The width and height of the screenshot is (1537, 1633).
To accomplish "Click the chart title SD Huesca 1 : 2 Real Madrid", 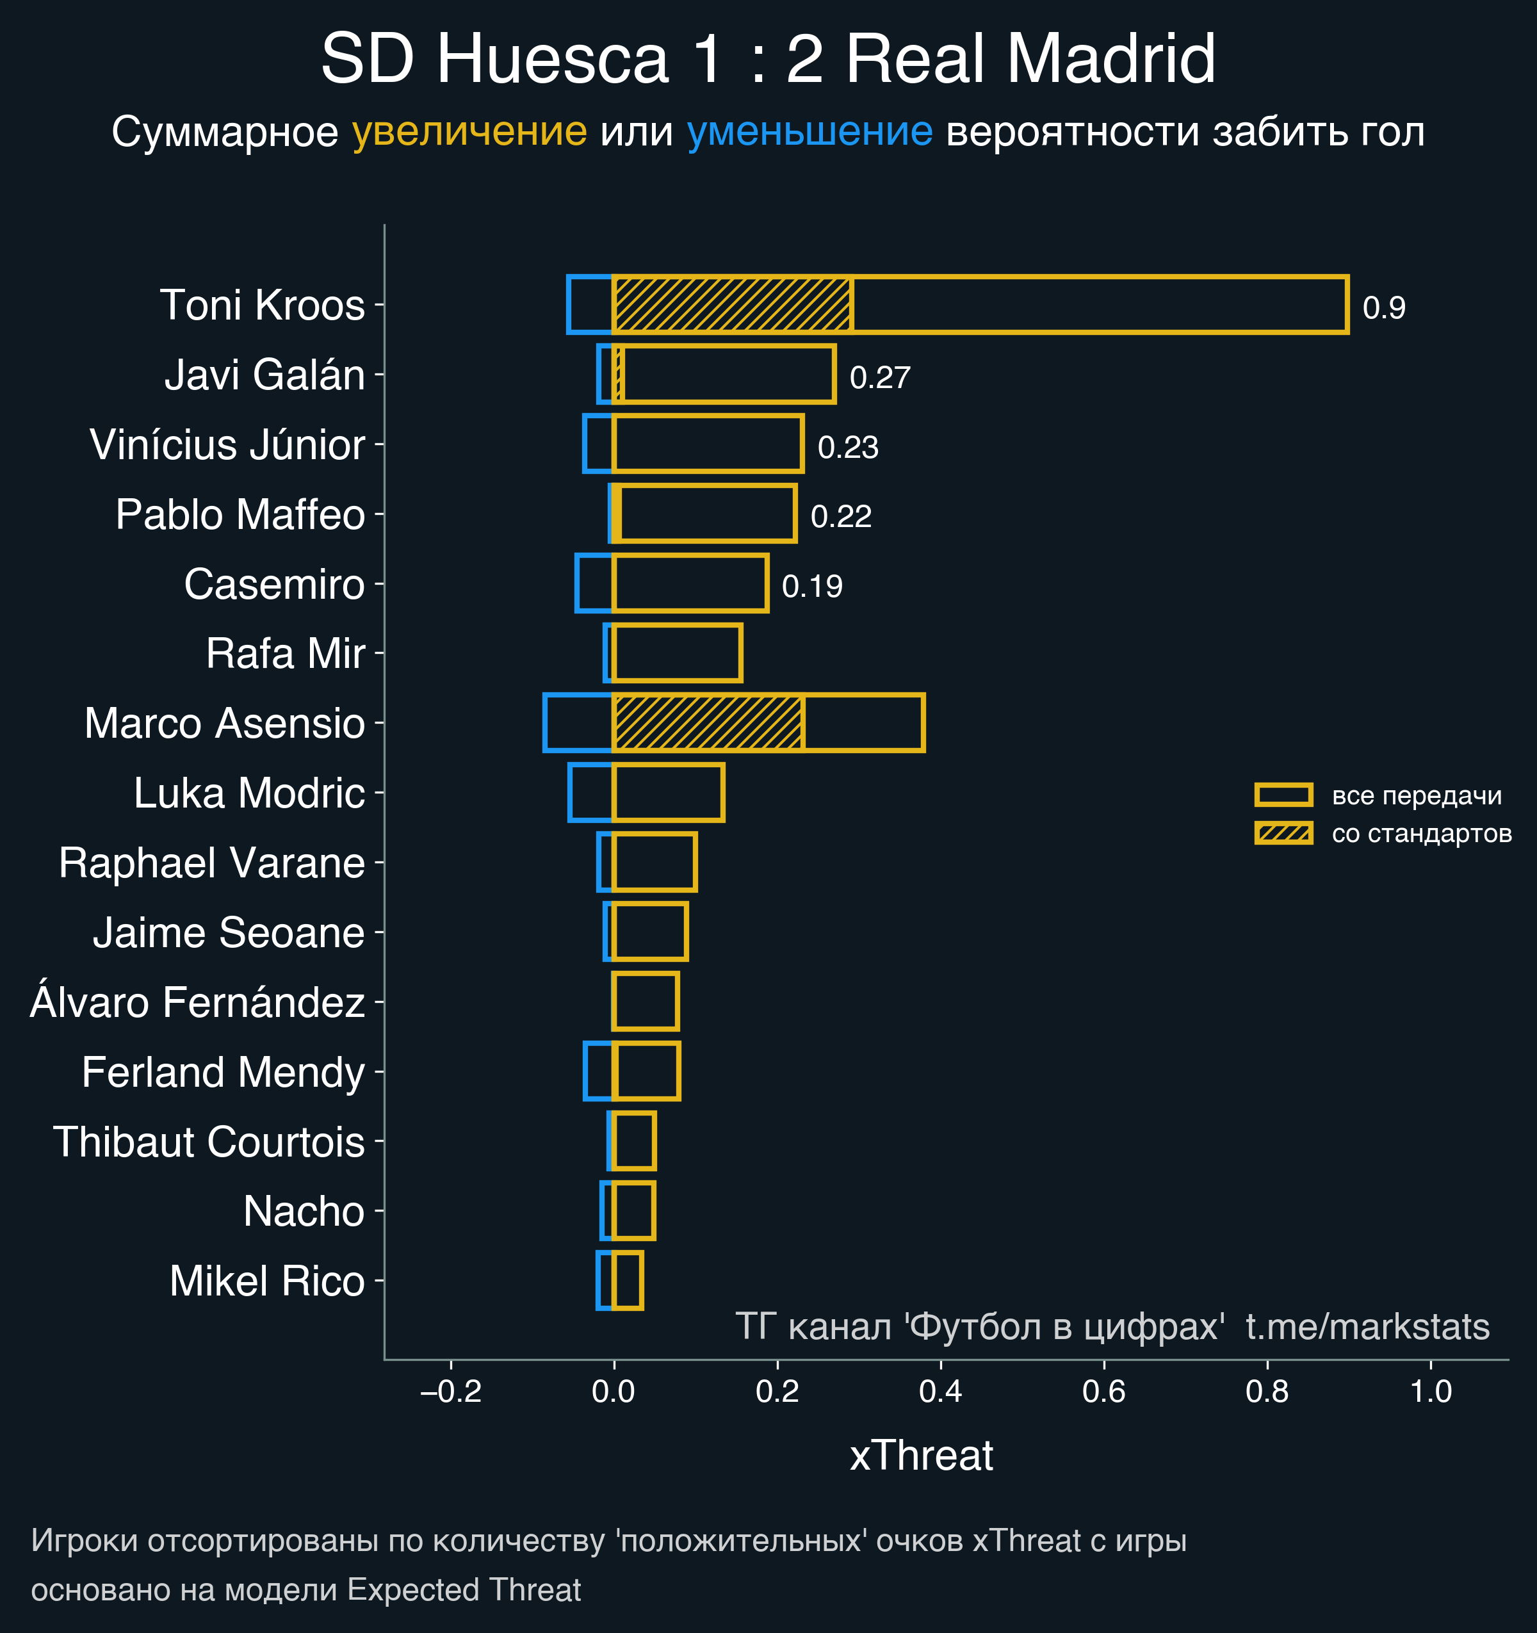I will [767, 59].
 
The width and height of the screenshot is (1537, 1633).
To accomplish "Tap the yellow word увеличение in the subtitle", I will [469, 131].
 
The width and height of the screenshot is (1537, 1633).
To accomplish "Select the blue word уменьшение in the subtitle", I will [809, 131].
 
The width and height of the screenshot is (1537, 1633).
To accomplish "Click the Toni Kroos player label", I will [262, 305].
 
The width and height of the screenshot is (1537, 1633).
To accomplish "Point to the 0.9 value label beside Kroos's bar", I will [1383, 308].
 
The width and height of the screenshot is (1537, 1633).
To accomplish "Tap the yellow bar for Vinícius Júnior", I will [707, 444].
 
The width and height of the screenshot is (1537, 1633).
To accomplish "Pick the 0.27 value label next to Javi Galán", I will [880, 378].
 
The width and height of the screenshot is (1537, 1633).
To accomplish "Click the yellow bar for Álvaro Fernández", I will [646, 1002].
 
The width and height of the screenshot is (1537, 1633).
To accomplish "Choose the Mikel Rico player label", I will [267, 1281].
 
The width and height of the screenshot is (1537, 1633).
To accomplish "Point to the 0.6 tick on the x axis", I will [1103, 1392].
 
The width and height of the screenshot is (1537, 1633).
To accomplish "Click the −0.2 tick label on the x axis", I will [450, 1392].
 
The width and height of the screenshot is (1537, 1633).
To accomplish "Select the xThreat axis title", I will [921, 1456].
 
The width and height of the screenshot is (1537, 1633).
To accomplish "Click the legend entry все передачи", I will [1416, 795].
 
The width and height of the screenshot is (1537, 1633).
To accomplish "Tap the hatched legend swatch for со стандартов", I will [1283, 833].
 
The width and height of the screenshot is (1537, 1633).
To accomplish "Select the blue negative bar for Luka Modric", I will [590, 793].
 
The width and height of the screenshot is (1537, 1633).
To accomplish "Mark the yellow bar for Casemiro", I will [690, 584].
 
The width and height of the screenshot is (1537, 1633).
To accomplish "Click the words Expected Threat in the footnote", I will [464, 1589].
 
